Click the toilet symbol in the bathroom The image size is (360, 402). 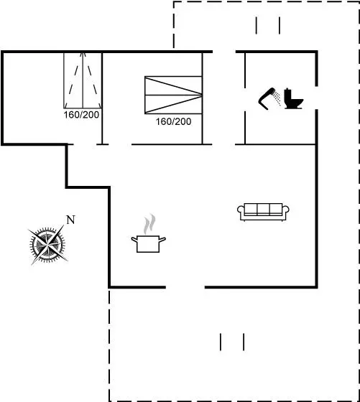pyautogui.click(x=294, y=98)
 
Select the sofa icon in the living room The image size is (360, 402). pyautogui.click(x=263, y=212)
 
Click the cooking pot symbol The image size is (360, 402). pyautogui.click(x=148, y=244)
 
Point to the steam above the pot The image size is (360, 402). pyautogui.click(x=149, y=224)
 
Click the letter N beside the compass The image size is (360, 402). pyautogui.click(x=70, y=220)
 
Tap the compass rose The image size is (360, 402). pyautogui.click(x=47, y=245)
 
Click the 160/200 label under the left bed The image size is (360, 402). pyautogui.click(x=81, y=115)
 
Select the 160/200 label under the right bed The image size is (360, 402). pyautogui.click(x=173, y=121)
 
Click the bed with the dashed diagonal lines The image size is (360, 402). pyautogui.click(x=83, y=80)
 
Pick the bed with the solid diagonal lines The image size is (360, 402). pyautogui.click(x=173, y=95)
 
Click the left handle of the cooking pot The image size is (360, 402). pyautogui.click(x=134, y=240)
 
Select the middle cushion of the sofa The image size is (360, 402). pyautogui.click(x=263, y=209)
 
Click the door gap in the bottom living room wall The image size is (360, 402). pyautogui.click(x=185, y=287)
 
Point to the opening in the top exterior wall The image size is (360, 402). pyautogui.click(x=224, y=52)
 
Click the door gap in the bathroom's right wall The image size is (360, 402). pyautogui.click(x=317, y=98)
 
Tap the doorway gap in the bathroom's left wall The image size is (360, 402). pyautogui.click(x=245, y=100)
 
